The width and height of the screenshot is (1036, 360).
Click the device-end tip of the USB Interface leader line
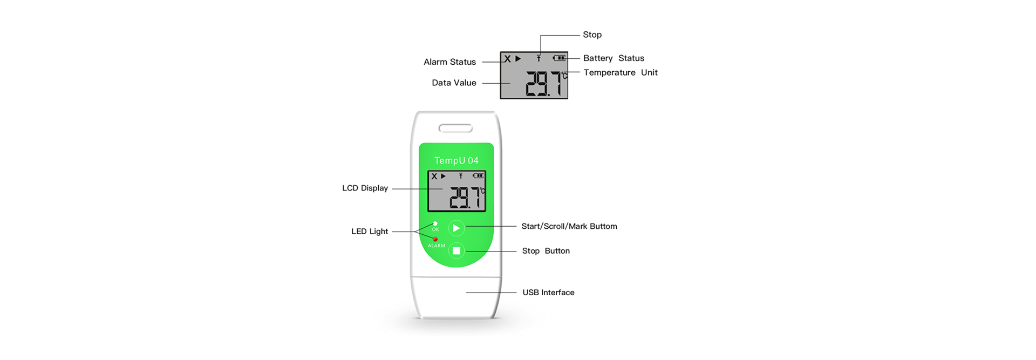466,293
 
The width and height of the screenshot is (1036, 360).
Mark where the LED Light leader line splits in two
415,232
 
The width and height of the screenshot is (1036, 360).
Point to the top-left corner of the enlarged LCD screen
500,52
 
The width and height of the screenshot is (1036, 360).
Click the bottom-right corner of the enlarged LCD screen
568,99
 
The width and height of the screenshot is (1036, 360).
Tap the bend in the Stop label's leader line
541,36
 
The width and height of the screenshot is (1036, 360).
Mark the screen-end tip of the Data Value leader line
510,83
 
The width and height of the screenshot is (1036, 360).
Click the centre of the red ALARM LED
435,239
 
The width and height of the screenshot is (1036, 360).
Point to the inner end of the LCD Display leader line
442,188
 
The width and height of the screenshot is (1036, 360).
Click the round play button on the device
456,228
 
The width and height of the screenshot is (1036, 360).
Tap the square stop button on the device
456,250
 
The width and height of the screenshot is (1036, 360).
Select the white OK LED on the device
435,223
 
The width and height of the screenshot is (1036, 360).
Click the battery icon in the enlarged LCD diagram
560,58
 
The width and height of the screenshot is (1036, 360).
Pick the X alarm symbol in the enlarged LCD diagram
507,59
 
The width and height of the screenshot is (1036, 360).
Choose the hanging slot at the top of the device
456,128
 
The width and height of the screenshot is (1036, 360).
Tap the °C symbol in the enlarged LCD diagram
564,76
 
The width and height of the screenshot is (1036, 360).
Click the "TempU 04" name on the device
456,160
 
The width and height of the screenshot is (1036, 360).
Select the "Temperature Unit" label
621,72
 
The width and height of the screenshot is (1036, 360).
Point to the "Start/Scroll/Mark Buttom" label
569,226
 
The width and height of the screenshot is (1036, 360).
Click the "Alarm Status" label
449,62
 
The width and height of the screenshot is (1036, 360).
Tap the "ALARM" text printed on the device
437,246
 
